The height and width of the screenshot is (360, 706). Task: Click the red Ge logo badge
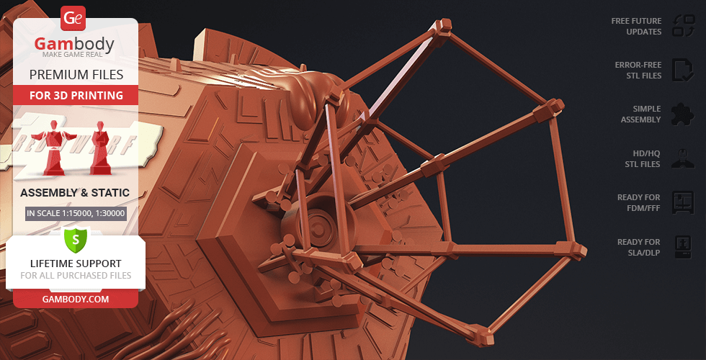point(73,19)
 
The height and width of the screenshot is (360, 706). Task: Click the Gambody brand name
point(74,44)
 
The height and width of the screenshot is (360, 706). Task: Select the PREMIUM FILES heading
point(76,74)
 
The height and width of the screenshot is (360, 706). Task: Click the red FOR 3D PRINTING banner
point(76,95)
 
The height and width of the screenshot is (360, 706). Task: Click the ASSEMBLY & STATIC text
point(75,193)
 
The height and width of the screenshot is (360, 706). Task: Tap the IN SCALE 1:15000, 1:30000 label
point(76,213)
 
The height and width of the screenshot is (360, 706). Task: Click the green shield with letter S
point(75,240)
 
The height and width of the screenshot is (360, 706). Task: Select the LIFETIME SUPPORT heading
point(76,264)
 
